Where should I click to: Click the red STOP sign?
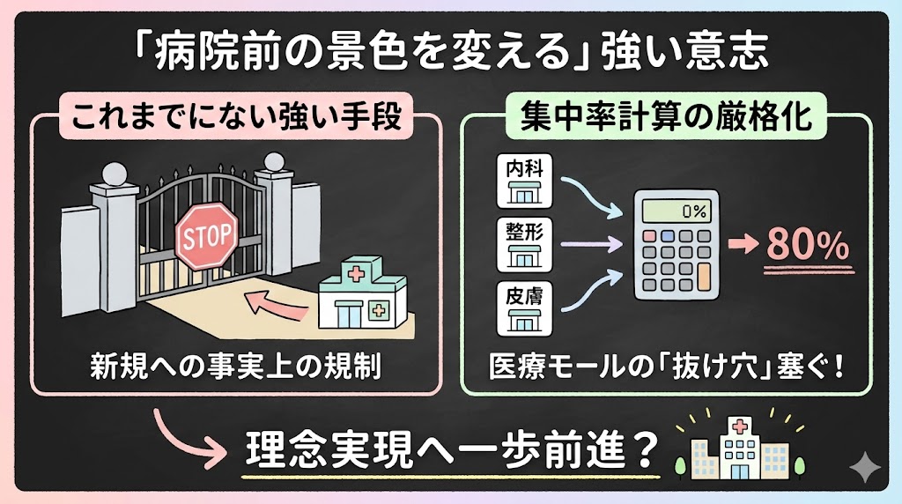208,235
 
